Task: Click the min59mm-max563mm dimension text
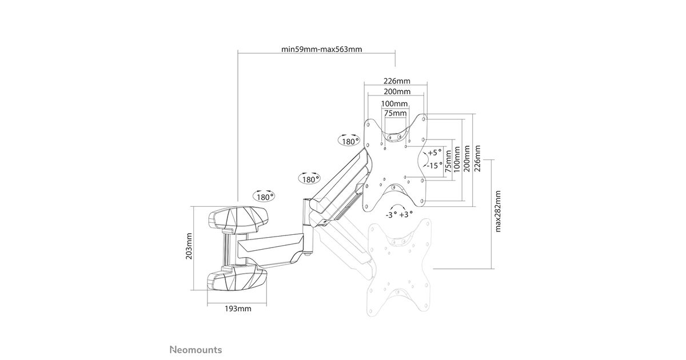click(x=321, y=49)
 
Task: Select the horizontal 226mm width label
click(x=397, y=81)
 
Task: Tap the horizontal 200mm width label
click(x=397, y=91)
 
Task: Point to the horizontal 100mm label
click(x=394, y=104)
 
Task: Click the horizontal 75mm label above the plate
click(x=396, y=113)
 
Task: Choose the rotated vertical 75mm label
click(x=448, y=161)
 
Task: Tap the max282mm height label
click(x=498, y=211)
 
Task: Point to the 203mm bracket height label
click(x=189, y=246)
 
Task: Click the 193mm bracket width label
click(x=238, y=309)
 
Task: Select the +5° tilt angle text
click(x=435, y=153)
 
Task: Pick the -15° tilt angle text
click(x=435, y=166)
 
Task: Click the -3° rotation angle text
click(x=392, y=215)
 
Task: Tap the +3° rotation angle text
click(x=406, y=214)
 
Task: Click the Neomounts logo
click(x=196, y=350)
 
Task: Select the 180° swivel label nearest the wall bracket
click(x=264, y=196)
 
